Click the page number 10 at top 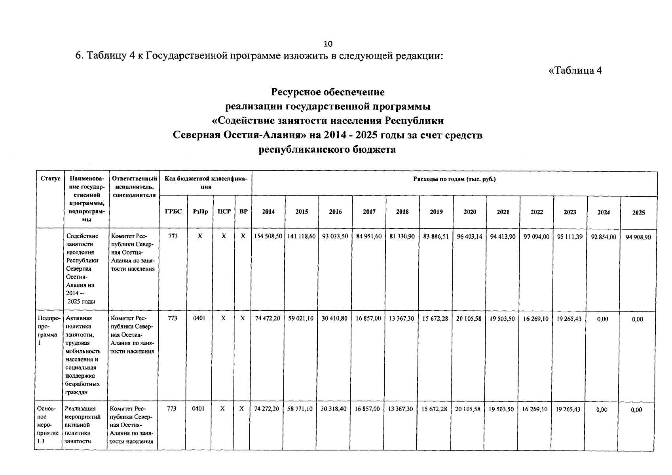coord(328,44)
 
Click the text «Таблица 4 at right coord(575,70)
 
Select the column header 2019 coord(436,212)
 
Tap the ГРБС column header coord(173,211)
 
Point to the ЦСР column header coord(224,211)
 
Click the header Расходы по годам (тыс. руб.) coord(454,179)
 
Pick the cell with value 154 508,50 coord(268,236)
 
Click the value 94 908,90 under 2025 coord(638,237)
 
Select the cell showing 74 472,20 coord(268,318)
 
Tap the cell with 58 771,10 coord(301,409)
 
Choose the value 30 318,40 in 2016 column coord(334,409)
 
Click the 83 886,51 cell coord(436,236)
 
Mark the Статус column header coord(50,179)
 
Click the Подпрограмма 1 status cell coord(49,331)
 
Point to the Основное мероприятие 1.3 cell coord(47,425)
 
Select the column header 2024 coord(604,212)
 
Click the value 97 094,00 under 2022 coord(536,236)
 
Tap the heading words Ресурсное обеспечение coord(327,92)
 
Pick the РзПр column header coord(200,211)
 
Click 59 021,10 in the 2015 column coord(302,318)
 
